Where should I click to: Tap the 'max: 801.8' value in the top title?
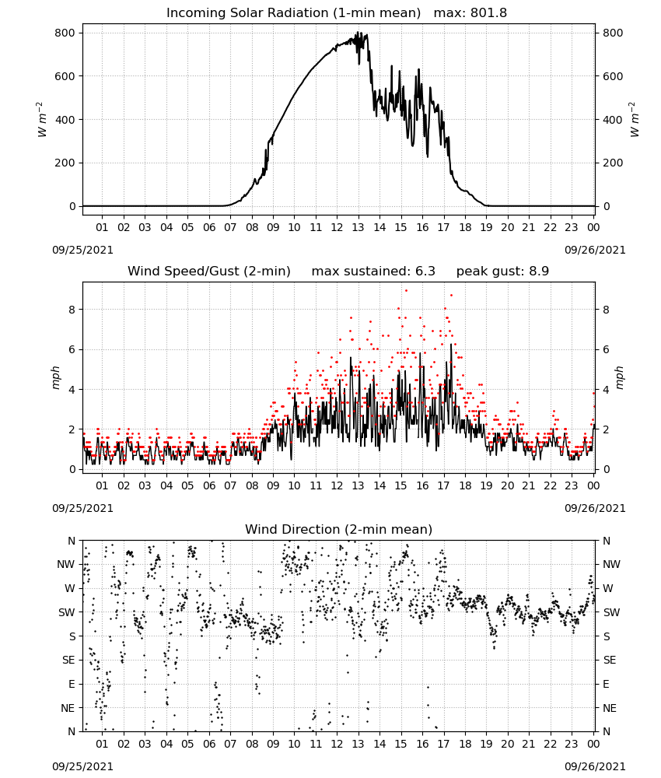pos(470,12)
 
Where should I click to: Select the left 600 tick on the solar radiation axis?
pos(65,76)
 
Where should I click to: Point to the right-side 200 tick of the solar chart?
pos(613,163)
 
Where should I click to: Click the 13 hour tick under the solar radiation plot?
pos(358,227)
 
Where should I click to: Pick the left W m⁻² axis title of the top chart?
pos(42,120)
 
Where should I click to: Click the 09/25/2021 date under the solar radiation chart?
pos(82,250)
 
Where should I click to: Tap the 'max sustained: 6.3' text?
pos(373,271)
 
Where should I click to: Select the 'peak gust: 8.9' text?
pos(502,271)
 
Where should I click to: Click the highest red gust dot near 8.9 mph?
pos(406,291)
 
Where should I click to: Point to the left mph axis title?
pos(55,377)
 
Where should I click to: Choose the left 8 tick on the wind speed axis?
pos(72,310)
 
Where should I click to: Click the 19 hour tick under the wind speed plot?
pos(486,485)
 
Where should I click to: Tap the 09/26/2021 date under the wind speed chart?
pos(595,508)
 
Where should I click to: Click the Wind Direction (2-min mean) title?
pos(339,529)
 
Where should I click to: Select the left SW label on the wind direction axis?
pos(67,612)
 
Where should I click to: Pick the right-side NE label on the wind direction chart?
pos(610,708)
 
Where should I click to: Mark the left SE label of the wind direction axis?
pos(69,660)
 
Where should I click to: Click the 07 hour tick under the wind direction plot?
pos(230,744)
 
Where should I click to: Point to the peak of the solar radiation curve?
pos(356,32)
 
